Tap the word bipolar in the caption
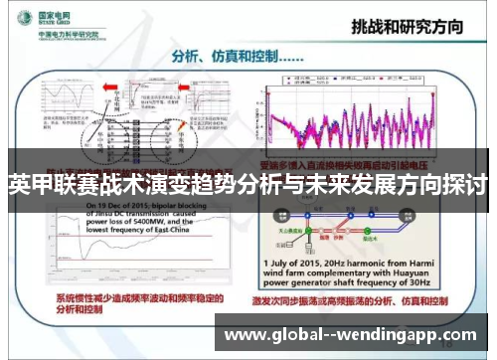click(150, 204)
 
